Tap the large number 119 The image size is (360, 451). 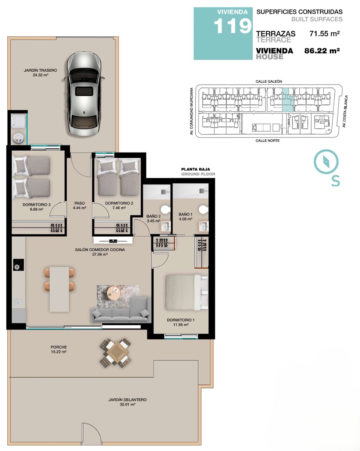pos(233,26)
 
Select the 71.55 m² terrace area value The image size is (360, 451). pos(325,33)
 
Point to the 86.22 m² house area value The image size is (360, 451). pos(322,51)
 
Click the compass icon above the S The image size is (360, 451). pos(326,162)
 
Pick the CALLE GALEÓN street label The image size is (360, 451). pos(269,81)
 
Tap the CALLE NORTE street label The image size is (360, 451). pos(267,141)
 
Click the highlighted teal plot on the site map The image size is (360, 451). pos(288,100)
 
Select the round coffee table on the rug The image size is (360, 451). pos(114,293)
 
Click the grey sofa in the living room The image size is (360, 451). pos(121,310)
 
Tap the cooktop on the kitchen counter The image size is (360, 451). pos(18,265)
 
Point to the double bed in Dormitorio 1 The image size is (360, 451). pos(187,292)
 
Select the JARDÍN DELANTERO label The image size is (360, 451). pos(127,400)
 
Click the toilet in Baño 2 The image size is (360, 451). pos(166,210)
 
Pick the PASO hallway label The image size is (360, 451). pos(80,203)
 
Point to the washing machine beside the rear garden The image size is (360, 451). pos(19,121)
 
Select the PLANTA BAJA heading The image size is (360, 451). pos(195,169)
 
